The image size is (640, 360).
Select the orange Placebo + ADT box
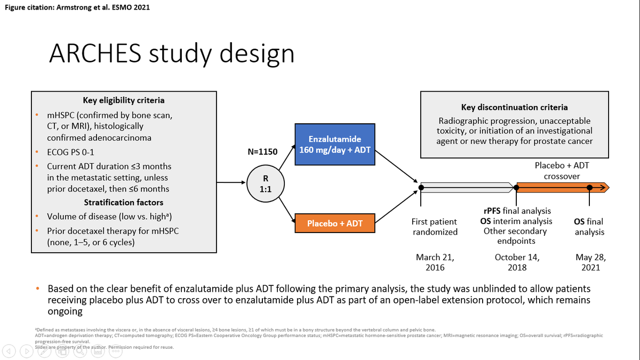[335, 223]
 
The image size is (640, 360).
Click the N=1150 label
[263, 152]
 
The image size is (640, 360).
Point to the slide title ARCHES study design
[171, 53]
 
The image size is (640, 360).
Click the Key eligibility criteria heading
[124, 100]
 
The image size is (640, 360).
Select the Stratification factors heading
[124, 203]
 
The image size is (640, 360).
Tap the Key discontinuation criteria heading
[514, 107]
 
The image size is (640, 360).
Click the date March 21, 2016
[435, 262]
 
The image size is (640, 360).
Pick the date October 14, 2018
[517, 262]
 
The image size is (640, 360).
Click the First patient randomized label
[435, 227]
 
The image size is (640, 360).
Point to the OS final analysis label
[589, 227]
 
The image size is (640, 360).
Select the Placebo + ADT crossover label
[562, 171]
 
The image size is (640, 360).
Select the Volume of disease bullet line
[110, 217]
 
